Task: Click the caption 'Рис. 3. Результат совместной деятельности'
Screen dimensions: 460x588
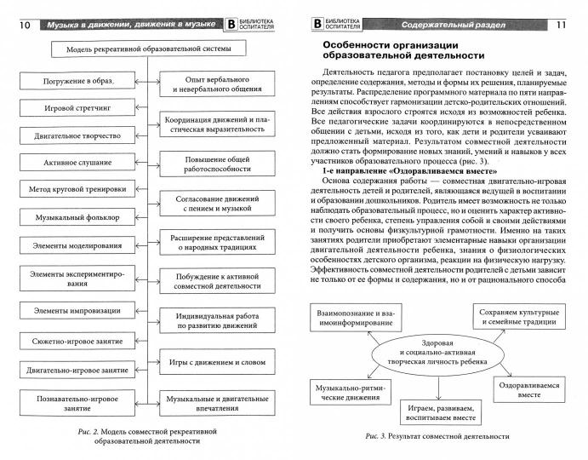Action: [437, 437]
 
